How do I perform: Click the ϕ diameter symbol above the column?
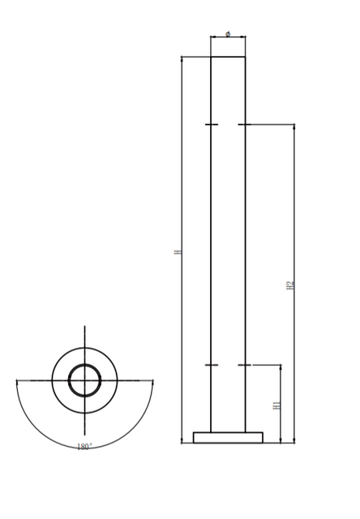point(228,33)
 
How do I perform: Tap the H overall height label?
point(178,252)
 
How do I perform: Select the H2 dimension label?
point(289,285)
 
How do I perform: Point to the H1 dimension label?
point(276,404)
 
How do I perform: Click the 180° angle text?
point(84,447)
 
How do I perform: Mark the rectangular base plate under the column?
point(228,437)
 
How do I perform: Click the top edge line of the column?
point(228,56)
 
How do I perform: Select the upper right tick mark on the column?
point(245,125)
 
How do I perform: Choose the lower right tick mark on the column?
point(245,365)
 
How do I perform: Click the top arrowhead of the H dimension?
point(182,59)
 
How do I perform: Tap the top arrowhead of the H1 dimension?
point(281,368)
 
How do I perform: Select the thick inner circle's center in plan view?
point(84,380)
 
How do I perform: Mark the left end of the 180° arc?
point(17,380)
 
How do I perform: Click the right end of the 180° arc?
point(152,380)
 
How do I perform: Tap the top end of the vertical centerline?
point(84,327)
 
